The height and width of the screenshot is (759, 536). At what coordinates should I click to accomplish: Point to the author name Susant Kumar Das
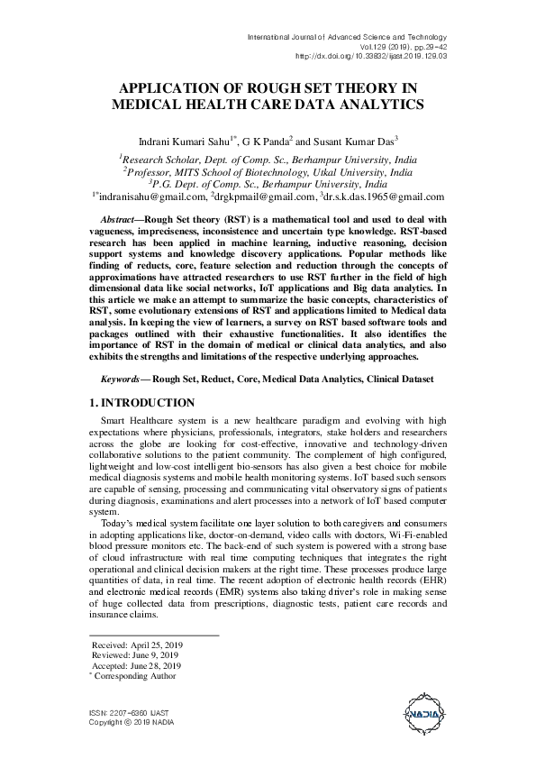[x=354, y=142]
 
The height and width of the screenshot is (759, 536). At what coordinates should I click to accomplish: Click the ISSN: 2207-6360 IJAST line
[x=127, y=712]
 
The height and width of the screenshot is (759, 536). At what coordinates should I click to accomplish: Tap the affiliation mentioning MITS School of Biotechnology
[x=268, y=169]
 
